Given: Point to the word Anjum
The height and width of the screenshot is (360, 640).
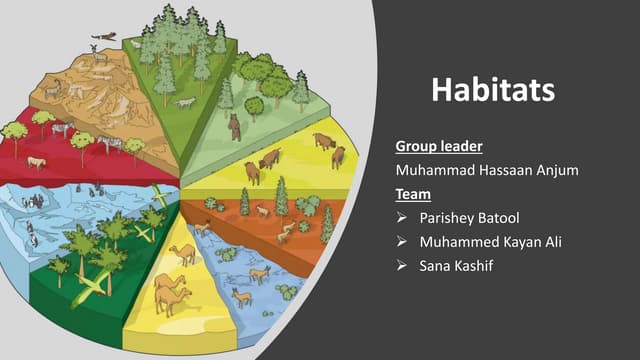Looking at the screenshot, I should [555, 171].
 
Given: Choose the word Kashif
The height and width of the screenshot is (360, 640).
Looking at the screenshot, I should [482, 266].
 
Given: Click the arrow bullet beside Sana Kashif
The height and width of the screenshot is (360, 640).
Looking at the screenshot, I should [401, 266].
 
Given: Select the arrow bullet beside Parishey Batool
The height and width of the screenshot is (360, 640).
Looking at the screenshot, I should [401, 218].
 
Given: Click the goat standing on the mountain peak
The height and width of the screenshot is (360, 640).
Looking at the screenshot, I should [99, 57].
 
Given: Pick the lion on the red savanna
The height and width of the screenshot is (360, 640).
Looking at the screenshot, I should [36, 162].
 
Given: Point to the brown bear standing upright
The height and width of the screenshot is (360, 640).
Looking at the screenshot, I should [235, 127].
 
